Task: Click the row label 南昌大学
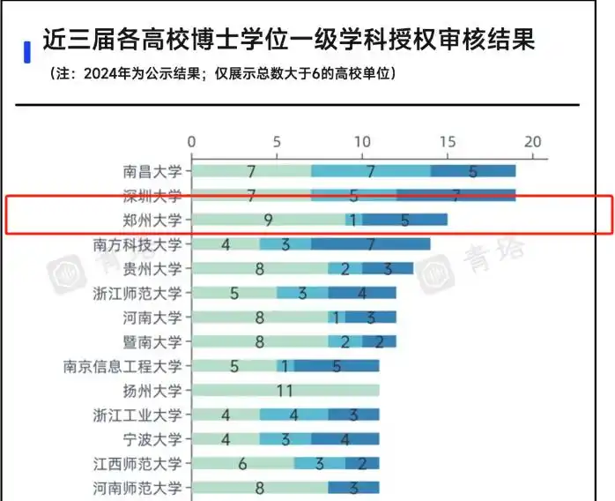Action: click(x=153, y=171)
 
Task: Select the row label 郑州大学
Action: click(x=153, y=220)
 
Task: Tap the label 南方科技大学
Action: click(x=138, y=244)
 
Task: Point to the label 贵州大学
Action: click(x=153, y=268)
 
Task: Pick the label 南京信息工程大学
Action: click(x=123, y=365)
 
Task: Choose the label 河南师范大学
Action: click(x=138, y=487)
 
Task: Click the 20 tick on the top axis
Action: click(x=532, y=142)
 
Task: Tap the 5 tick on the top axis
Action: click(x=277, y=142)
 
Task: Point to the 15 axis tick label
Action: click(x=447, y=142)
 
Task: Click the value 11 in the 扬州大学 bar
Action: click(x=285, y=390)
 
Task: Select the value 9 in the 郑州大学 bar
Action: click(x=268, y=220)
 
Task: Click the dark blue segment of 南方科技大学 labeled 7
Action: click(x=370, y=244)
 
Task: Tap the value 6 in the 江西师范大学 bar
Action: click(x=242, y=463)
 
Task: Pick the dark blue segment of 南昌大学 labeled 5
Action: click(x=472, y=171)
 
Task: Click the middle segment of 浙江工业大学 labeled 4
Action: click(x=293, y=415)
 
